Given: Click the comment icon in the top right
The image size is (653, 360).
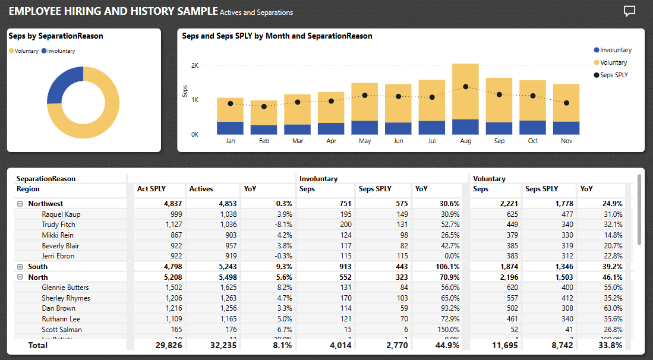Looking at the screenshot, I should click(x=629, y=11).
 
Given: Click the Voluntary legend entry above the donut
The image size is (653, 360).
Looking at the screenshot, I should click(x=23, y=51).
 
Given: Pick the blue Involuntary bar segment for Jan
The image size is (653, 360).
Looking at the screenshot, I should click(x=230, y=128).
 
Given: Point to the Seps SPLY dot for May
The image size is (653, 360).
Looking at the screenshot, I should click(x=365, y=95).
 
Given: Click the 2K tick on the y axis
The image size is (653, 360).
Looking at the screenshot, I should click(x=194, y=65).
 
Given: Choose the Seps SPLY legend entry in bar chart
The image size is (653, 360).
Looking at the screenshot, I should click(x=613, y=75).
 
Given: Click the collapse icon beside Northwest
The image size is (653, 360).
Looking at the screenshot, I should click(x=20, y=204).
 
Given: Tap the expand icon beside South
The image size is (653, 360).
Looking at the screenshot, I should click(x=20, y=267).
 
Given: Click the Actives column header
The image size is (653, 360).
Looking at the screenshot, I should click(x=201, y=189).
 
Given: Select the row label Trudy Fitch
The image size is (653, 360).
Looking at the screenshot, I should click(x=58, y=225).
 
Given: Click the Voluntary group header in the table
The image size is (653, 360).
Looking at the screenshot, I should click(x=489, y=178).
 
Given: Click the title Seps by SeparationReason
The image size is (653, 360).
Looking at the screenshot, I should click(x=56, y=36).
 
